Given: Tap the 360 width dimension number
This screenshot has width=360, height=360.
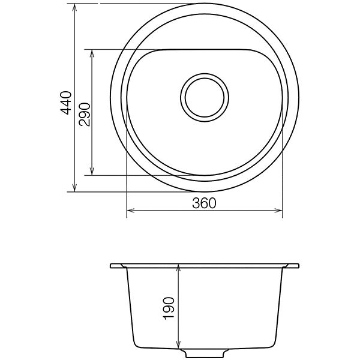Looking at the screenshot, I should click(204, 203).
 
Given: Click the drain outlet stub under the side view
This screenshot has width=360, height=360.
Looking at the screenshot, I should click(206, 350).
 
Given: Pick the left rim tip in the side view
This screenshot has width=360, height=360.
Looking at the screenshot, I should click(112, 265).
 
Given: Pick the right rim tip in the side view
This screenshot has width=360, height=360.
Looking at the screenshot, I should click(298, 265).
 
